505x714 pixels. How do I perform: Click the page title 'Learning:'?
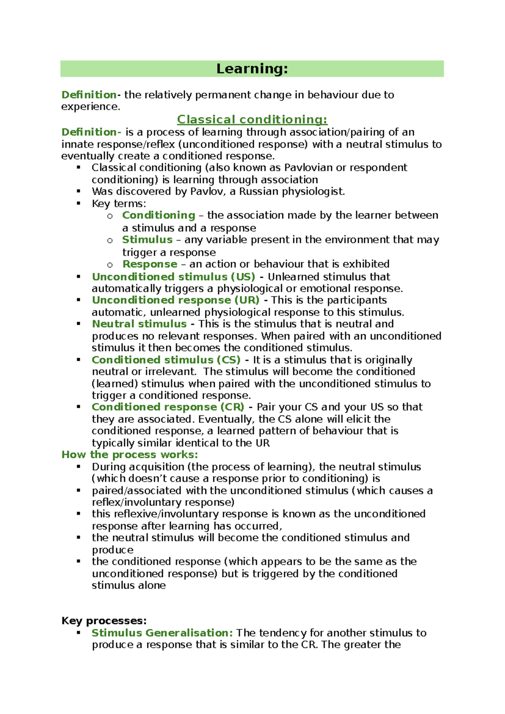(x=252, y=69)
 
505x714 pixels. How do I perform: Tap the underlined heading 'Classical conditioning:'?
(x=252, y=120)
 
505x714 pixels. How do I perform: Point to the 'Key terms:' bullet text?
(x=119, y=204)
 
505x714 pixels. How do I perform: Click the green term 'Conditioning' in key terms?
(x=159, y=215)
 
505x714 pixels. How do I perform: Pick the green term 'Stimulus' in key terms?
(x=147, y=240)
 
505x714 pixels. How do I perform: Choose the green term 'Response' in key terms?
(x=150, y=264)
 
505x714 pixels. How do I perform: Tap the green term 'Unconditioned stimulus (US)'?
(x=173, y=277)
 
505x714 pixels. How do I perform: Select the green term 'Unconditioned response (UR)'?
(x=175, y=300)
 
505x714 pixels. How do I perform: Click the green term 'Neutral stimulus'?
(x=139, y=324)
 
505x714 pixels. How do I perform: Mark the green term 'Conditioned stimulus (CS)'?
(x=166, y=360)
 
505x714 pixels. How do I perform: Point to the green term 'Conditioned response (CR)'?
(x=168, y=407)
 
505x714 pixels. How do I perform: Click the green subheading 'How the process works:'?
(x=130, y=455)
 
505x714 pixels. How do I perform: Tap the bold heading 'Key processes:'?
(x=104, y=621)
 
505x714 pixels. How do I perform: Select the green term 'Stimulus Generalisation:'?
(x=162, y=633)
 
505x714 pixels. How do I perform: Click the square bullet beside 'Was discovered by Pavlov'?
(x=78, y=191)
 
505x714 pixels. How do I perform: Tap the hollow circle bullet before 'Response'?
(x=110, y=265)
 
